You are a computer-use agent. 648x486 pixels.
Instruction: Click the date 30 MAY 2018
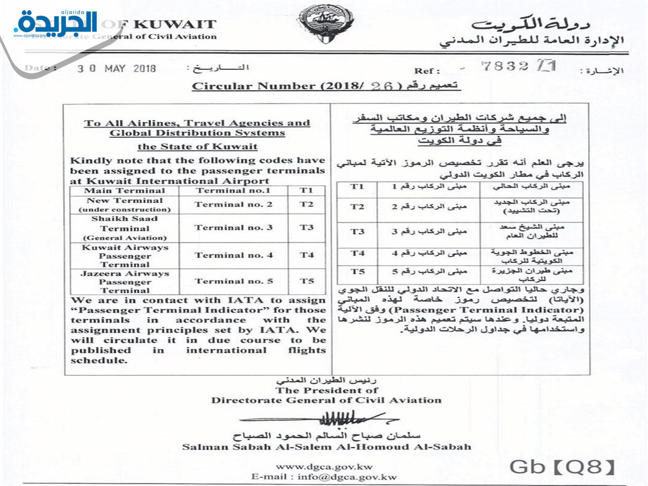pos(116,68)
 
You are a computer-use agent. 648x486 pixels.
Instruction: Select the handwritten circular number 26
pos(382,86)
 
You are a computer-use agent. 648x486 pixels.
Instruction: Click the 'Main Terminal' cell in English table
pos(125,191)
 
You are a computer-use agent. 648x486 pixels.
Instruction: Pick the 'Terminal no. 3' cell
pos(233,228)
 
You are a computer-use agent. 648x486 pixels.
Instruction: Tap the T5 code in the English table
pos(306,281)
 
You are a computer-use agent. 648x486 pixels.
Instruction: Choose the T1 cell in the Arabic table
pos(357,187)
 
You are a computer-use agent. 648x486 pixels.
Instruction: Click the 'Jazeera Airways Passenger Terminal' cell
pos(125,281)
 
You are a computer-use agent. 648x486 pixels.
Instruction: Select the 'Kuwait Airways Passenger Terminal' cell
pos(125,256)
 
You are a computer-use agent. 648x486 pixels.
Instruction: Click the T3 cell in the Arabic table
pos(357,231)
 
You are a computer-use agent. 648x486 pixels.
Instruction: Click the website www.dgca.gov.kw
pos(324,467)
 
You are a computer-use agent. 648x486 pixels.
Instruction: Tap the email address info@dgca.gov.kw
pos(347,476)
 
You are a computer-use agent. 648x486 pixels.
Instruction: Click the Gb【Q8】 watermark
pos(562,467)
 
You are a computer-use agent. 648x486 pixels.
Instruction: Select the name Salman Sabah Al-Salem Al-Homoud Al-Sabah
pos(327,447)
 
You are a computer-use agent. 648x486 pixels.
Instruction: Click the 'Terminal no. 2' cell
pos(233,205)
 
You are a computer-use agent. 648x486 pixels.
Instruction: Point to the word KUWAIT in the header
pos(175,24)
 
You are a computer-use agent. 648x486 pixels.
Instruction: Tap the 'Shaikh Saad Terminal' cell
pos(125,228)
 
